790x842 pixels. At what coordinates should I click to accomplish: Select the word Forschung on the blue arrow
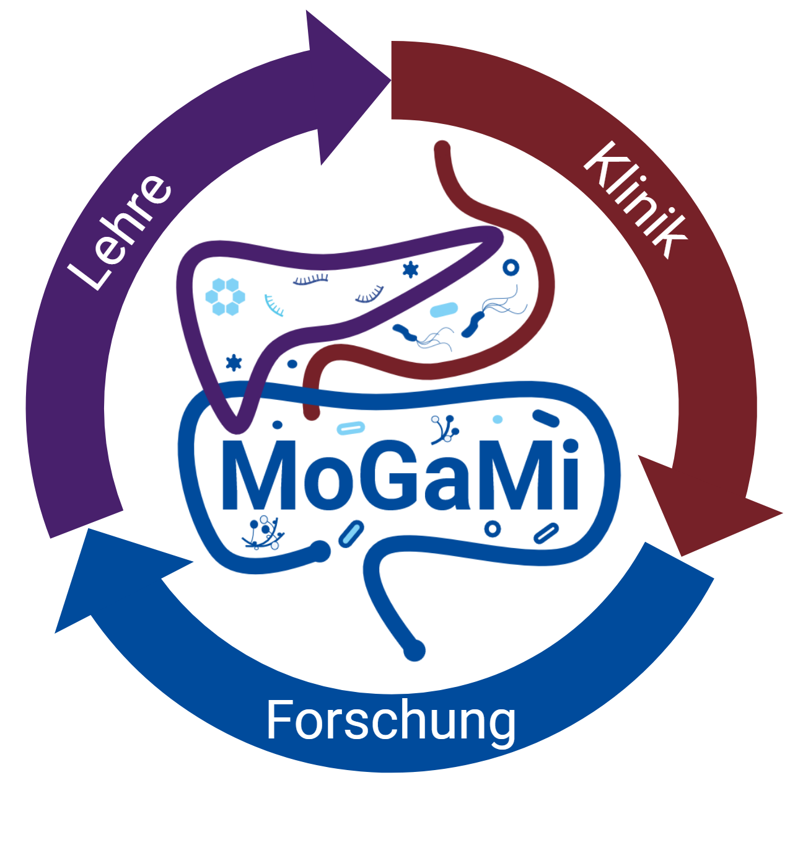pos(390,721)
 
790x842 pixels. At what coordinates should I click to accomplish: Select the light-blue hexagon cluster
pos(225,296)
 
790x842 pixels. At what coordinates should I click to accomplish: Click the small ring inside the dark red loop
pos(511,267)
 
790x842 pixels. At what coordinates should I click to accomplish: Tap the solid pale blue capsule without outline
pos(444,309)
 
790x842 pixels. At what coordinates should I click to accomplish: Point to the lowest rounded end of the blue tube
pos(414,651)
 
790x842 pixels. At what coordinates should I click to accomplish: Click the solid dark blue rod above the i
pos(546,419)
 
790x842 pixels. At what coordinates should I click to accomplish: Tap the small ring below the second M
pos(493,529)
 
